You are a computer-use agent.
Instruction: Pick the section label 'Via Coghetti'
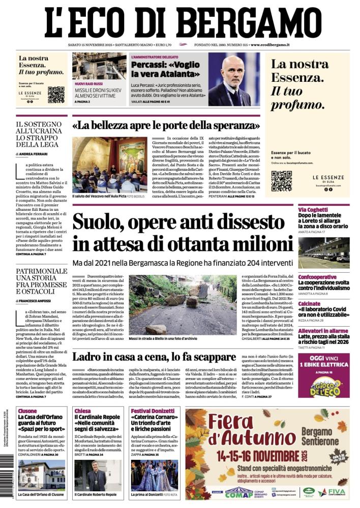(x=313, y=210)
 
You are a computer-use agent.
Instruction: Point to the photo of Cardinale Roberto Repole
(x=96, y=474)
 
